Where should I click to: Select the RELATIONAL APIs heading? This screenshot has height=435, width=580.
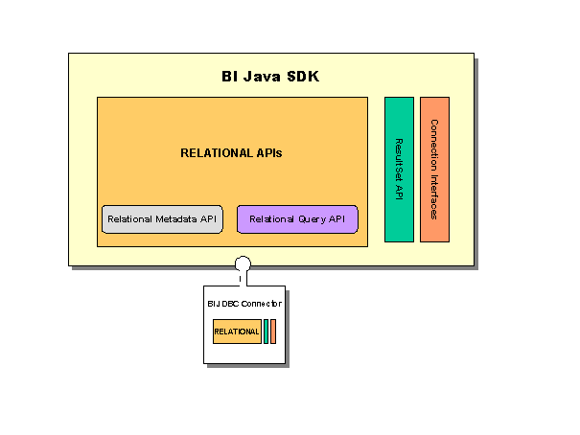[231, 152]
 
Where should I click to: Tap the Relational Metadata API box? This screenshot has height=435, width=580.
[162, 219]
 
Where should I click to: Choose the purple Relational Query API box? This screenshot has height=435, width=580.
[297, 219]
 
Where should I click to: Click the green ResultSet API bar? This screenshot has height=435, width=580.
[399, 170]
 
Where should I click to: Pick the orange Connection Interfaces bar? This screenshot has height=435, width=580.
[434, 170]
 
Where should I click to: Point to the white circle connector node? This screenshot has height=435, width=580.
[244, 263]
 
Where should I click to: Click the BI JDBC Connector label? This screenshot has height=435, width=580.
[245, 304]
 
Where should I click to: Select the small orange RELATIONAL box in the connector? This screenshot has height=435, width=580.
[237, 332]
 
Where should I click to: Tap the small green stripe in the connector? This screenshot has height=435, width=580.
[266, 332]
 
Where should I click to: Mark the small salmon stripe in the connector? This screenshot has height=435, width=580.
[273, 332]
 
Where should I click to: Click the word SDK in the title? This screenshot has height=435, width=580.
[301, 77]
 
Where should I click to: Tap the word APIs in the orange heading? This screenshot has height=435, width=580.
[266, 152]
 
